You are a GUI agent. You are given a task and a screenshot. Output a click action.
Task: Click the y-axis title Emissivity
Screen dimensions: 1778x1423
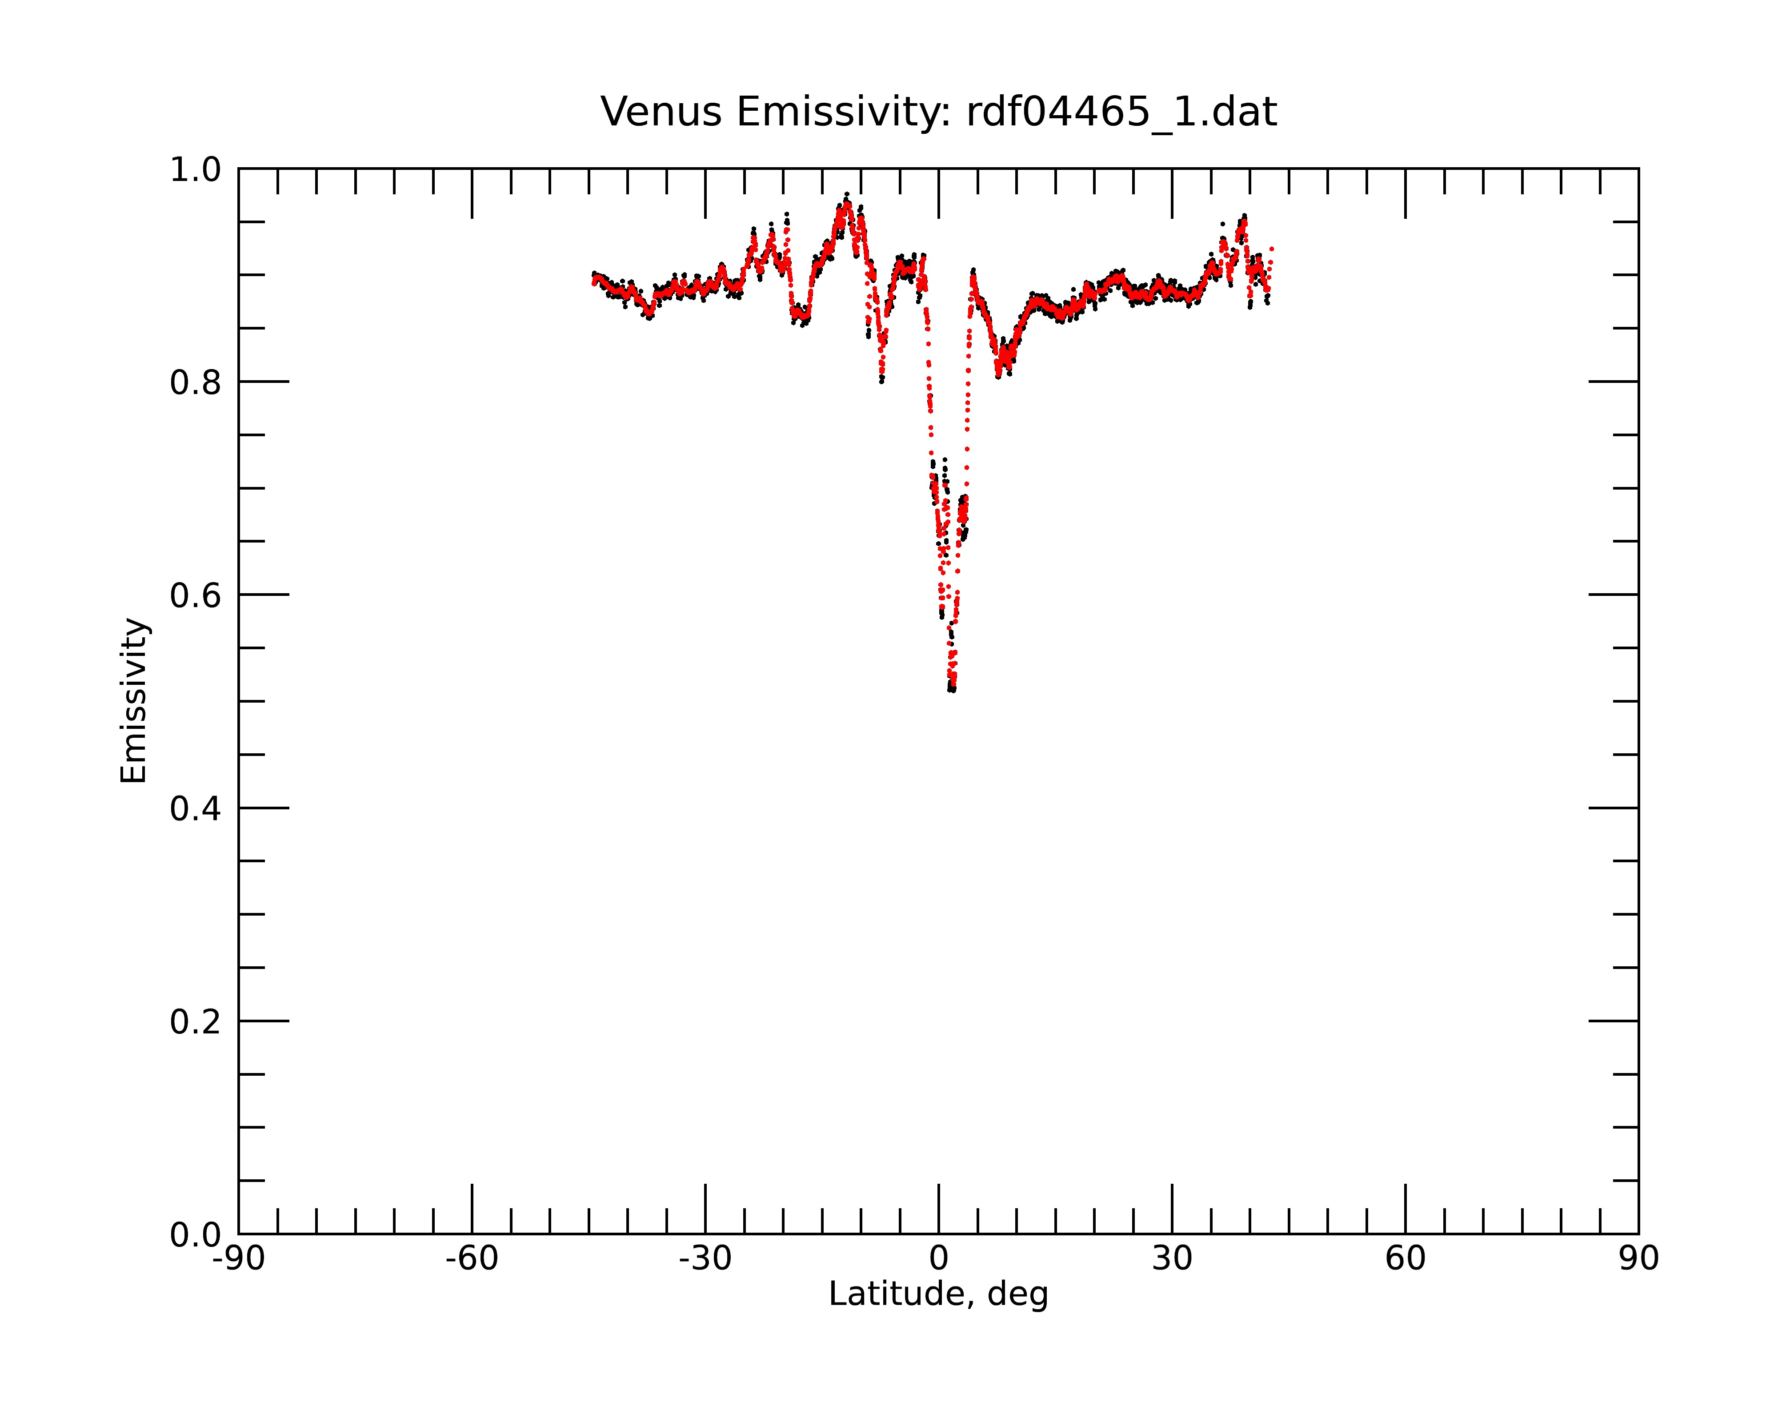tap(134, 700)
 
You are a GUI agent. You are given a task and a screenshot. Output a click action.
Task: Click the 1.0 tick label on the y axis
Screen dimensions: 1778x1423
tap(196, 170)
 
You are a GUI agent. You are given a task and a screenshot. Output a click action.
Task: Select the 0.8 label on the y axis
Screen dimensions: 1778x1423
tap(196, 383)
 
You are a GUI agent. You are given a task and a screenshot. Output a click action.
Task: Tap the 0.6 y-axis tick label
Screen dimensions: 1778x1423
tap(196, 595)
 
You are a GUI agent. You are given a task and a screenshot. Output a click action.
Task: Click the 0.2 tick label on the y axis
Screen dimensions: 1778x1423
tap(196, 1022)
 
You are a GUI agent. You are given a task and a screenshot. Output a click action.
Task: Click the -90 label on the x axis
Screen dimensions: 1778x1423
tap(238, 1259)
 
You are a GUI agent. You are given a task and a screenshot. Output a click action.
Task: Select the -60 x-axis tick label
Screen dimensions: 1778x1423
tap(472, 1259)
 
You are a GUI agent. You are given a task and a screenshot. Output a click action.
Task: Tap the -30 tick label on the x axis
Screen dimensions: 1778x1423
tap(705, 1259)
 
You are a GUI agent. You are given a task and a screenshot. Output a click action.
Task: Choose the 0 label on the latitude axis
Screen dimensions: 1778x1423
tap(938, 1259)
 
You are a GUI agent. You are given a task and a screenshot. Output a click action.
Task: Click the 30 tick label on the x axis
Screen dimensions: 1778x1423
tap(1172, 1259)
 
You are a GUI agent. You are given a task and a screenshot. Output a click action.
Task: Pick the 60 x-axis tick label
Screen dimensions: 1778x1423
tap(1405, 1259)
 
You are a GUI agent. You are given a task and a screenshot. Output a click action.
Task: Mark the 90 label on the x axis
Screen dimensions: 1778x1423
tap(1638, 1259)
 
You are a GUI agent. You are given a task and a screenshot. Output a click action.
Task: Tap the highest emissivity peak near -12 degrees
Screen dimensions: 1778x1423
tap(846, 195)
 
